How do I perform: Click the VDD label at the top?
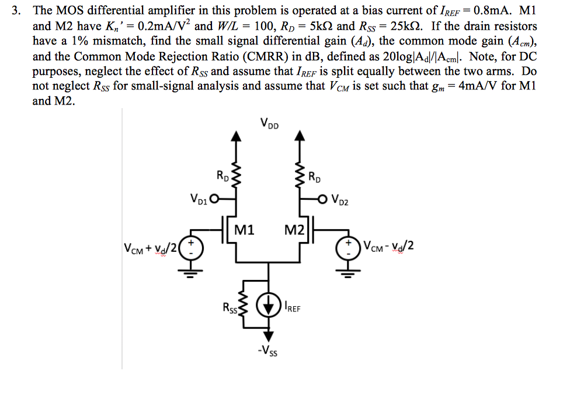tap(269, 123)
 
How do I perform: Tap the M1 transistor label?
tap(244, 230)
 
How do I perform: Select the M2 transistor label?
tap(293, 230)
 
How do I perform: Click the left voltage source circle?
tap(189, 248)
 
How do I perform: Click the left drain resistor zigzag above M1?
tap(236, 173)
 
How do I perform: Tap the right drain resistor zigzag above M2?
tap(300, 173)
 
